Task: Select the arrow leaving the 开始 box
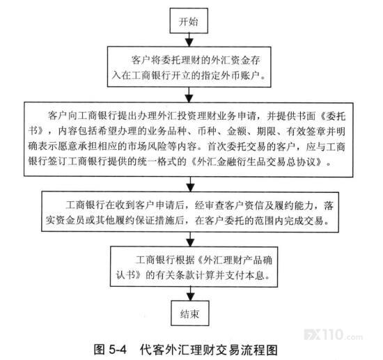click(189, 40)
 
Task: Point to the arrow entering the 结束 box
click(190, 294)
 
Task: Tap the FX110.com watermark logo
click(334, 335)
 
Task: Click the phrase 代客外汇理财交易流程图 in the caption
click(209, 350)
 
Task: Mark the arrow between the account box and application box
click(189, 95)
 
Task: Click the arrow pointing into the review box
click(190, 185)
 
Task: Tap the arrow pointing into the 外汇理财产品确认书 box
click(190, 240)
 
